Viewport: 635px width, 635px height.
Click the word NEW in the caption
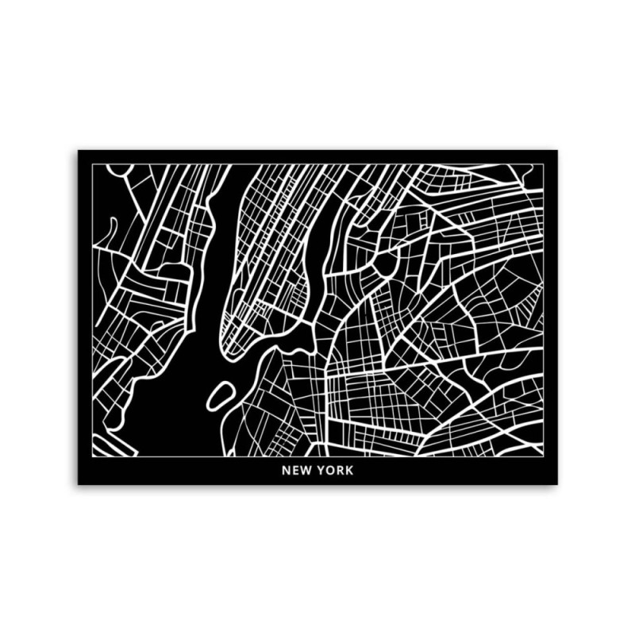[x=296, y=470]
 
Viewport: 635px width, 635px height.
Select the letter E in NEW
[x=295, y=470]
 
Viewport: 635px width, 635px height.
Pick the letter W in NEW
[x=306, y=470]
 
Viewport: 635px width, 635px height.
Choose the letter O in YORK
[x=331, y=470]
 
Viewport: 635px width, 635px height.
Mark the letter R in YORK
[x=341, y=470]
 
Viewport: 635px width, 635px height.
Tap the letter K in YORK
[x=350, y=470]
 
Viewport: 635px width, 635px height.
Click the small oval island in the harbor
[x=221, y=395]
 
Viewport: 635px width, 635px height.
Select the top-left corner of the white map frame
[x=92, y=165]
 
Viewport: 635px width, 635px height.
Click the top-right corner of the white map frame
[x=544, y=165]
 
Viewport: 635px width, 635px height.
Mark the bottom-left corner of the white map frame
[x=92, y=456]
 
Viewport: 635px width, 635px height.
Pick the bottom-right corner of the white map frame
[x=544, y=456]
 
